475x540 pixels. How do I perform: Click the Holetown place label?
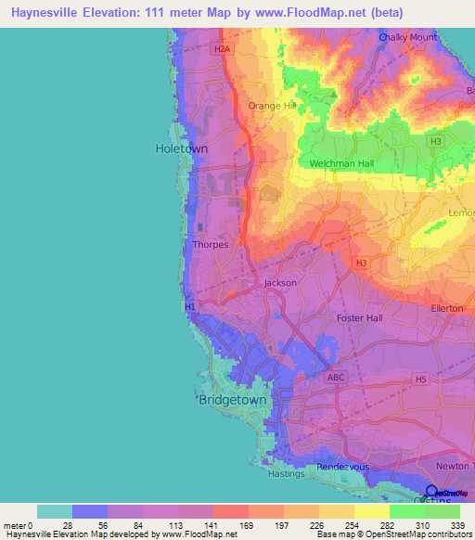[180, 148]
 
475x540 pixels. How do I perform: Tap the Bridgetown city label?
[232, 400]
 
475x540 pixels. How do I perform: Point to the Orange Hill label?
[270, 106]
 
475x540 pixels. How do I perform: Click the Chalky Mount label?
[408, 37]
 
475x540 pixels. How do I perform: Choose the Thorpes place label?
[210, 245]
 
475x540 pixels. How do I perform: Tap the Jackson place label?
[280, 283]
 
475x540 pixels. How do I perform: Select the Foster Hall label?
[359, 318]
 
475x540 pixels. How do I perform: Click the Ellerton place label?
[447, 308]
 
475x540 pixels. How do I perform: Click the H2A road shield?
[221, 48]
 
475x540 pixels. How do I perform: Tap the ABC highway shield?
[336, 378]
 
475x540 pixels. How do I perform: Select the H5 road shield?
[421, 379]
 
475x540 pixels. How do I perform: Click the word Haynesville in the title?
[50, 12]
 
